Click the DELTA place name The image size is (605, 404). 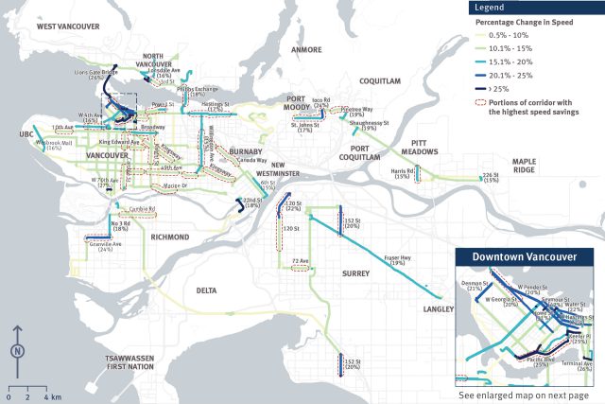(x=207, y=290)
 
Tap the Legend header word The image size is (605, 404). (x=493, y=7)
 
